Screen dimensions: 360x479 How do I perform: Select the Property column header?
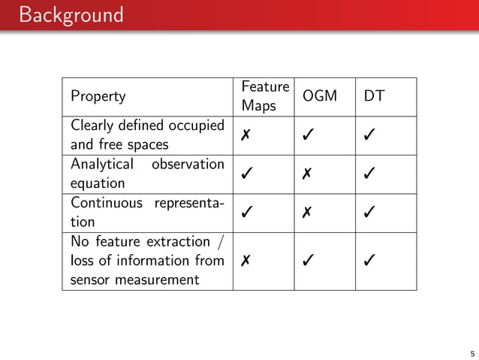(x=98, y=96)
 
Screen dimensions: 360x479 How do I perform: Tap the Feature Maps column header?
(x=265, y=96)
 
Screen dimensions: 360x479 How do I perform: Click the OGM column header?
(x=320, y=96)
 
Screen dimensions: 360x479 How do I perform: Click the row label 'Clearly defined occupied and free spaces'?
(x=147, y=135)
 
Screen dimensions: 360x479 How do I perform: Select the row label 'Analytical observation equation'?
(x=147, y=174)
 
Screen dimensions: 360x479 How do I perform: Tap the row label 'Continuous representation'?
(x=147, y=213)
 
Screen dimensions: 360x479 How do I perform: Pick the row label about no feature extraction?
(x=147, y=261)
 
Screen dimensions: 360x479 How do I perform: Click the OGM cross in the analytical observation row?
(x=308, y=174)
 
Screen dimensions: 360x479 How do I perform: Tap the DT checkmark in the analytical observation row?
(x=369, y=174)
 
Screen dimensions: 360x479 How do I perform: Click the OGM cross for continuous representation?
(x=308, y=213)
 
